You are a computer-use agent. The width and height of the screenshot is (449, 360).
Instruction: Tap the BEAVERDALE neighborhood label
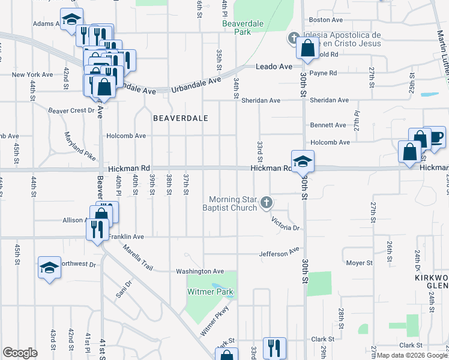click(x=180, y=118)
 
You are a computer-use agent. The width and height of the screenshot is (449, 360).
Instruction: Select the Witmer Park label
click(x=210, y=292)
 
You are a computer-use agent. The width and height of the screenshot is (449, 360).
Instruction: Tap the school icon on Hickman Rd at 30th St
click(x=303, y=161)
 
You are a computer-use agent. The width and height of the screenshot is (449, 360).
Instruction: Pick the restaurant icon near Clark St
click(x=274, y=348)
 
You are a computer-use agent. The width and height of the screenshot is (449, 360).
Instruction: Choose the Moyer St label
click(x=360, y=263)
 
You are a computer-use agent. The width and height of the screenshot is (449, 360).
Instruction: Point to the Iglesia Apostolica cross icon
click(x=294, y=38)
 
